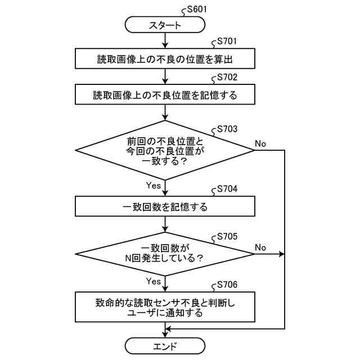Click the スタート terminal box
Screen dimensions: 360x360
tap(165, 25)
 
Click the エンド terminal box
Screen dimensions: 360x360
tap(165, 345)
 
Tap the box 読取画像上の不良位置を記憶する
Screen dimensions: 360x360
tap(165, 94)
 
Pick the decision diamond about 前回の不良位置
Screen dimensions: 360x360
tap(165, 151)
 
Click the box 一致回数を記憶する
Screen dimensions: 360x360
tap(165, 206)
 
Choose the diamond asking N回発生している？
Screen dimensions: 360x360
tap(165, 253)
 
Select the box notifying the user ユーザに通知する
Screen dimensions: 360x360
tap(165, 307)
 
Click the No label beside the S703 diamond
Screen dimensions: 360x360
tap(260, 144)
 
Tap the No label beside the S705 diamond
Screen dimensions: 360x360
tap(260, 247)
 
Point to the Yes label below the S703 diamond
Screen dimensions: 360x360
tap(153, 184)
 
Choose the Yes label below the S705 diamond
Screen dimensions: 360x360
tap(153, 281)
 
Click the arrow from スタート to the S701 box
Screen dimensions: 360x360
tap(165, 40)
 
